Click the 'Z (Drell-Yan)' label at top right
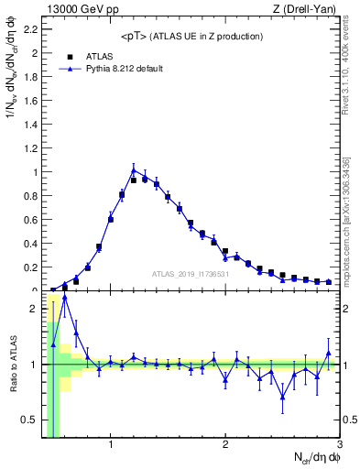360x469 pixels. [308, 9]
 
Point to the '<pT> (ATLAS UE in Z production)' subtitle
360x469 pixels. [191, 36]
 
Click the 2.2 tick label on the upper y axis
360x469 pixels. [30, 29]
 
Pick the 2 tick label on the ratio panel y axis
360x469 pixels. [35, 309]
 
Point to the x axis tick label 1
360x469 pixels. [111, 445]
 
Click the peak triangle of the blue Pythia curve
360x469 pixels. [134, 169]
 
